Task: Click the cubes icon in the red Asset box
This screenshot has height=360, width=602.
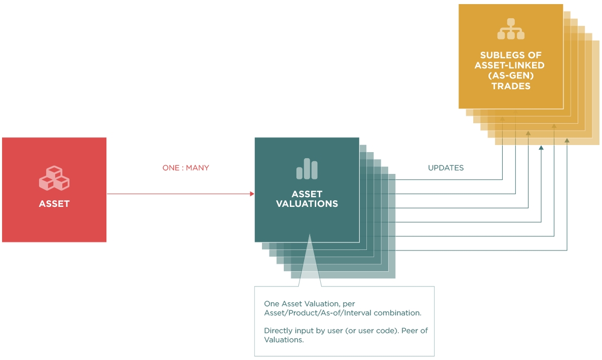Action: tap(54, 178)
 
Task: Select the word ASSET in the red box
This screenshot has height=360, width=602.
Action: tap(54, 204)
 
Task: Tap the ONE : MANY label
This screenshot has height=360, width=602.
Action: tap(185, 168)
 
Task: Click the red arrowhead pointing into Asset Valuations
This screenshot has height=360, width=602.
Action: tap(252, 194)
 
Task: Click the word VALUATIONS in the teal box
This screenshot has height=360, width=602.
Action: tap(307, 204)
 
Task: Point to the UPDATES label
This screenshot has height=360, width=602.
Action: tap(446, 168)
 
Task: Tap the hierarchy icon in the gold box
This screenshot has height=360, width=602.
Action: tap(511, 29)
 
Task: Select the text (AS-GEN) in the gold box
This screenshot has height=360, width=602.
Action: tap(511, 76)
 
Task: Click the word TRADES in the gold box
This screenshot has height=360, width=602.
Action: tap(511, 86)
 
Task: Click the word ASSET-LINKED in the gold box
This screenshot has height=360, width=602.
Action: tap(511, 65)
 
